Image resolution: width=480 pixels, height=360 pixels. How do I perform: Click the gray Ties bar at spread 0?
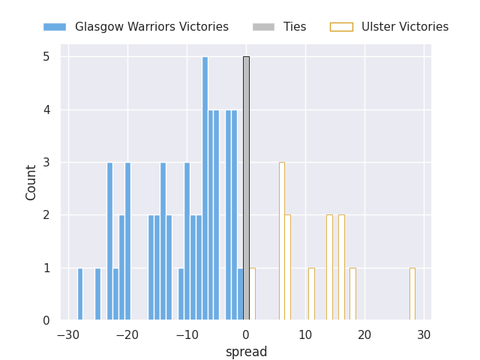coord(246,188)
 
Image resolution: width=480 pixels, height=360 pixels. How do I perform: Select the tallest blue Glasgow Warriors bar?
coord(205,188)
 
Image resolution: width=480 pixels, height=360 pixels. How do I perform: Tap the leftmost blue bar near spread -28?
coord(80,294)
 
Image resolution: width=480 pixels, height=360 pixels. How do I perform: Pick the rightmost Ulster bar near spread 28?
coord(412,294)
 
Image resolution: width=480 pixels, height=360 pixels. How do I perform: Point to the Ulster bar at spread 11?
coord(311,294)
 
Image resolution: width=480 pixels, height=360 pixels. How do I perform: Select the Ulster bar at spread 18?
coord(352,294)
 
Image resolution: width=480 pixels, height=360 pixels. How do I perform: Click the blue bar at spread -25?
coord(97,294)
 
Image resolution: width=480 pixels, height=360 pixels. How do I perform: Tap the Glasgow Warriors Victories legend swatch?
coord(55,27)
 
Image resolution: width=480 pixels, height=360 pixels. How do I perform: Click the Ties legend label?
coord(295,27)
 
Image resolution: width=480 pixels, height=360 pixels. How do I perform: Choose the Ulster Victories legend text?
coord(405,27)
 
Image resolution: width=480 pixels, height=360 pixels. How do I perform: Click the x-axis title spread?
coord(246,352)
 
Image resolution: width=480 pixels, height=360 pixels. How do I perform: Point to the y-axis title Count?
coord(31,182)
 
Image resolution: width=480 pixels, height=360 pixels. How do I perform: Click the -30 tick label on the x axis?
coord(68,334)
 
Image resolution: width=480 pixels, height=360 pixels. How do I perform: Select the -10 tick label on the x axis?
coord(187,334)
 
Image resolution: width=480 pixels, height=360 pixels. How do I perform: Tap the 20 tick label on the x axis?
coord(364,334)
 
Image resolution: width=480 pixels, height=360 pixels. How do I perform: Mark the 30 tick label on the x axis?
coord(424,334)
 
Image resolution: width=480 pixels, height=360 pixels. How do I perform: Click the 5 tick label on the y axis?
coord(46,57)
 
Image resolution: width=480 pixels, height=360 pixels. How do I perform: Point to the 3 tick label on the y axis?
coord(46,163)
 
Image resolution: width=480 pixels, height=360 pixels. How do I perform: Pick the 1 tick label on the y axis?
coord(46,268)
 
